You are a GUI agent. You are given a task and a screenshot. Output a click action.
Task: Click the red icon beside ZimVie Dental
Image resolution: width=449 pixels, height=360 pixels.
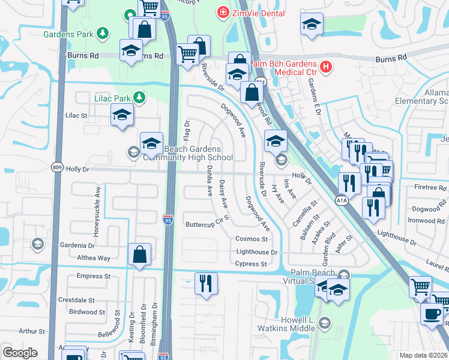pos(223,11)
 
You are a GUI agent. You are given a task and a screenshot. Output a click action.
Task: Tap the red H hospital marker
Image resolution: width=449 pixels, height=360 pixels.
pos(325,67)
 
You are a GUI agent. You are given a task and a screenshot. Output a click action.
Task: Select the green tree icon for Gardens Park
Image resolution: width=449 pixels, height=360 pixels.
pos(103,34)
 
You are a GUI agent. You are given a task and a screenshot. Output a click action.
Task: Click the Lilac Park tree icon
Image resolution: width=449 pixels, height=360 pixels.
pos(139,97)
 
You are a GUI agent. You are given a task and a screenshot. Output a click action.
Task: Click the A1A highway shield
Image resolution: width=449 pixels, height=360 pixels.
pos(342,200)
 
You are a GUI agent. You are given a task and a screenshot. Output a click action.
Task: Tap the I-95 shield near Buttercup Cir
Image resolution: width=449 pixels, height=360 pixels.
pos(169,220)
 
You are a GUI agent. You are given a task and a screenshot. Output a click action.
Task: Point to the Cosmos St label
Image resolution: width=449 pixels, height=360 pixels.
pos(251,239)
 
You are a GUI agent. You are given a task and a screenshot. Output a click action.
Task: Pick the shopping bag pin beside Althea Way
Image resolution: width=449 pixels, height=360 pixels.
pos(139,254)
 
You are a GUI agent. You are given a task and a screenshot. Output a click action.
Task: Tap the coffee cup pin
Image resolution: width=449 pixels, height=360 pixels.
pos(432,313)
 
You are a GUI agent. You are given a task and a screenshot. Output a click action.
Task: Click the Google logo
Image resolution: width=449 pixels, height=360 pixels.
pos(20,353)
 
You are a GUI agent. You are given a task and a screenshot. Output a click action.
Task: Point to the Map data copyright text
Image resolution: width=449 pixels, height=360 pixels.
pos(423,355)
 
